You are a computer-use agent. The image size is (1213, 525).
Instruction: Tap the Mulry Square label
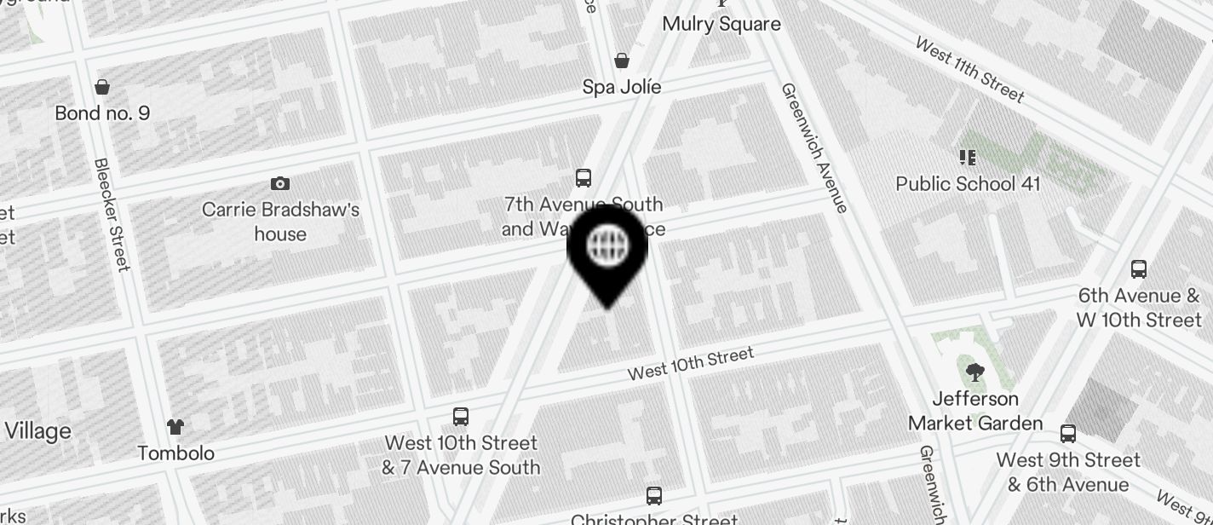[x=721, y=23]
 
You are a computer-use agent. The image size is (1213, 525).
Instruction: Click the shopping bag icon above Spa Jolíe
[x=622, y=61]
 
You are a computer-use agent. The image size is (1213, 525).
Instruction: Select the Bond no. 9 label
[x=102, y=112]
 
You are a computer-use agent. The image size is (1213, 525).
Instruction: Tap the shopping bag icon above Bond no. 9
[x=102, y=87]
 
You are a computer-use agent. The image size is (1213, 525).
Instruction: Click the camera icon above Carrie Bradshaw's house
[x=279, y=183]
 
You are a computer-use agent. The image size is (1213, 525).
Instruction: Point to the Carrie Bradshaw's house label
[x=280, y=222]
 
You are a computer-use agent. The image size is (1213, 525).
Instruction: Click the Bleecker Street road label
[x=112, y=214]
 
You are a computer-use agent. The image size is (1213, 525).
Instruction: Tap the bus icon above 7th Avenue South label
[x=584, y=177]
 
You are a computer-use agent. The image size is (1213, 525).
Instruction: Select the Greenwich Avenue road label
[x=813, y=147]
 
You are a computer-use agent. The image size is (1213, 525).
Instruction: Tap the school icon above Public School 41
[x=967, y=158]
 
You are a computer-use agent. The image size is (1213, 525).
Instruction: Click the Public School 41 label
[x=968, y=183]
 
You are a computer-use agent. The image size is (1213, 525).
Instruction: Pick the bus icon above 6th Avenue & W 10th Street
[x=1138, y=269]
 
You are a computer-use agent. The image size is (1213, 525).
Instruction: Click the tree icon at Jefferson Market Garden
[x=974, y=372]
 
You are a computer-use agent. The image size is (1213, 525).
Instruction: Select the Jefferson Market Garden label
[x=975, y=411]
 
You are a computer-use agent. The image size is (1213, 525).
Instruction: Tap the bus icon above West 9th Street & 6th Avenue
[x=1067, y=434]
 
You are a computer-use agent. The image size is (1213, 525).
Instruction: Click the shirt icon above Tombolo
[x=175, y=426]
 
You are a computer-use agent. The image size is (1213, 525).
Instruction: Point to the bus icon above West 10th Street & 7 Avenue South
[x=461, y=417]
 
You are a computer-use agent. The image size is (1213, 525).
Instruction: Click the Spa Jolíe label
[x=622, y=87]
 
